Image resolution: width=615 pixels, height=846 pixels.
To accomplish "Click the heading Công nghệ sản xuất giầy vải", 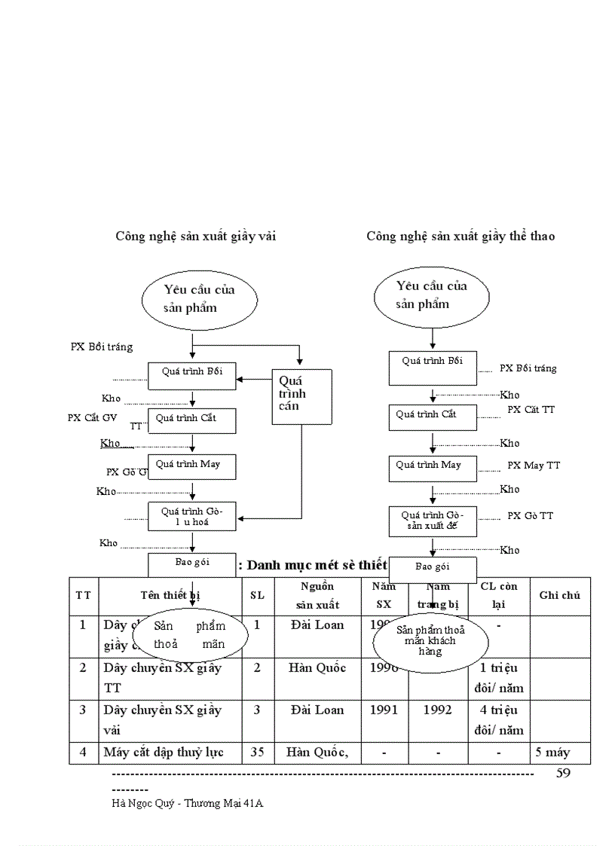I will pyautogui.click(x=195, y=236).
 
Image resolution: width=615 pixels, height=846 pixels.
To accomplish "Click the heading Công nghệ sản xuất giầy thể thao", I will pyautogui.click(x=460, y=236).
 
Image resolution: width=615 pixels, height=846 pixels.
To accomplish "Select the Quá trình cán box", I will pyautogui.click(x=301, y=396).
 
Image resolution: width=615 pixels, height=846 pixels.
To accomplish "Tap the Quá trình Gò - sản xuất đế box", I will pyautogui.click(x=433, y=521).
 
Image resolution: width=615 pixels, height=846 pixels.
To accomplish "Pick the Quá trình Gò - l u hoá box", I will pyautogui.click(x=191, y=517).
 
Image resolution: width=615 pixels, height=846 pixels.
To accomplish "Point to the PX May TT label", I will pyautogui.click(x=534, y=466).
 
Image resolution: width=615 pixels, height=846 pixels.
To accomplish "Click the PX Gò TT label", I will pyautogui.click(x=530, y=515).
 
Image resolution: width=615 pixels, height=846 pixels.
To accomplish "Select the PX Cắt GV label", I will pyautogui.click(x=93, y=417).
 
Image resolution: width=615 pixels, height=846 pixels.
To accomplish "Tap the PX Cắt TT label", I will pyautogui.click(x=531, y=409).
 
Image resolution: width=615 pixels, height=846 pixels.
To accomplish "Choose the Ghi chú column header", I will pyautogui.click(x=559, y=595).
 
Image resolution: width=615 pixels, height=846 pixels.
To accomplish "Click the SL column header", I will pyautogui.click(x=257, y=595).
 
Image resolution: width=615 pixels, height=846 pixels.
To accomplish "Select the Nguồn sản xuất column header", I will pyautogui.click(x=317, y=595).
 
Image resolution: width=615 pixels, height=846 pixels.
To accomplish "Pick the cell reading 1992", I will pyautogui.click(x=437, y=710).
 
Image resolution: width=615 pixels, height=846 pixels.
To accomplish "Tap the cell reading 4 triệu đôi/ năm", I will pyautogui.click(x=498, y=719).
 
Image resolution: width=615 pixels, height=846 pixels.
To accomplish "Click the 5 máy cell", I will pyautogui.click(x=552, y=752).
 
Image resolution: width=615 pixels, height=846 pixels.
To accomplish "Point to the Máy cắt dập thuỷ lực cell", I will pyautogui.click(x=163, y=752).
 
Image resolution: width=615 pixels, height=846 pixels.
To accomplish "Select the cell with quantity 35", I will pyautogui.click(x=257, y=752).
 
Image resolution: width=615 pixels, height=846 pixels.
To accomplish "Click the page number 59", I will pyautogui.click(x=563, y=774).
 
